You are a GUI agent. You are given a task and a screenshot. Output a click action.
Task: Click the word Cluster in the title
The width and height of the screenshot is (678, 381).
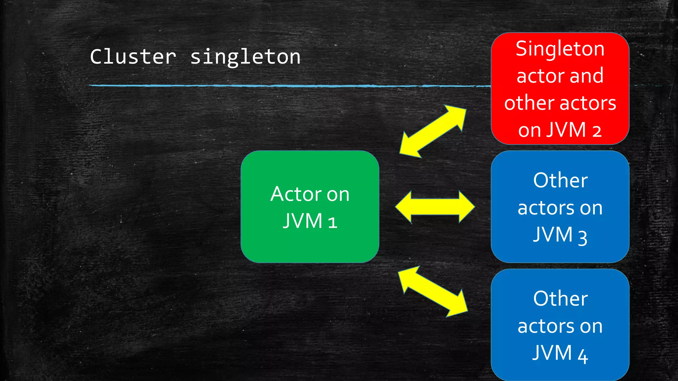point(133,57)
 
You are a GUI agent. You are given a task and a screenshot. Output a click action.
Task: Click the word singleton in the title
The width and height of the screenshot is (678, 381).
point(245,57)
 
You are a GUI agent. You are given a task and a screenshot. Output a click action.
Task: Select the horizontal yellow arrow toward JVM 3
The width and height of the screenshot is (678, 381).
point(435,207)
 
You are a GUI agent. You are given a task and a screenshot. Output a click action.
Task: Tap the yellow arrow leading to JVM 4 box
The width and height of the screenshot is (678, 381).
point(433,291)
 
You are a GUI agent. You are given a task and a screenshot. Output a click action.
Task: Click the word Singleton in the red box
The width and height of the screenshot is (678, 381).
point(560,49)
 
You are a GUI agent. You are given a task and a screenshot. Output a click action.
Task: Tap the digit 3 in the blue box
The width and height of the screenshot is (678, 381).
point(583,237)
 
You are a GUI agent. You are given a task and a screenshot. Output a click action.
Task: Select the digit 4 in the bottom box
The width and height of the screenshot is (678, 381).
point(583,356)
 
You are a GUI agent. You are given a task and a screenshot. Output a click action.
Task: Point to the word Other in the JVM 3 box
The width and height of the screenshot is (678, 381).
point(560,181)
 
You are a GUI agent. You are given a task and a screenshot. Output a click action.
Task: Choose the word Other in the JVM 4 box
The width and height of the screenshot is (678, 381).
point(560,299)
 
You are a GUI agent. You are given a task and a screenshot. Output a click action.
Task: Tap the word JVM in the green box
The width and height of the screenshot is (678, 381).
point(303,221)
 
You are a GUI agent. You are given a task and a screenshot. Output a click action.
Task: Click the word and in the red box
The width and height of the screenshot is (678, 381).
point(587,76)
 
